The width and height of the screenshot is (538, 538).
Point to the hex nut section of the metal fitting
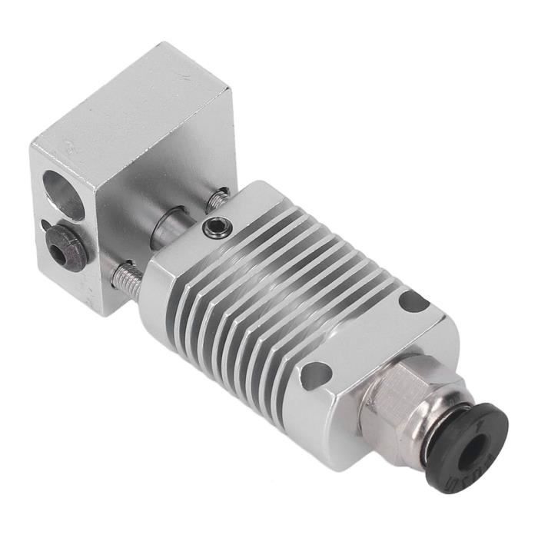tap(392, 400)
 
